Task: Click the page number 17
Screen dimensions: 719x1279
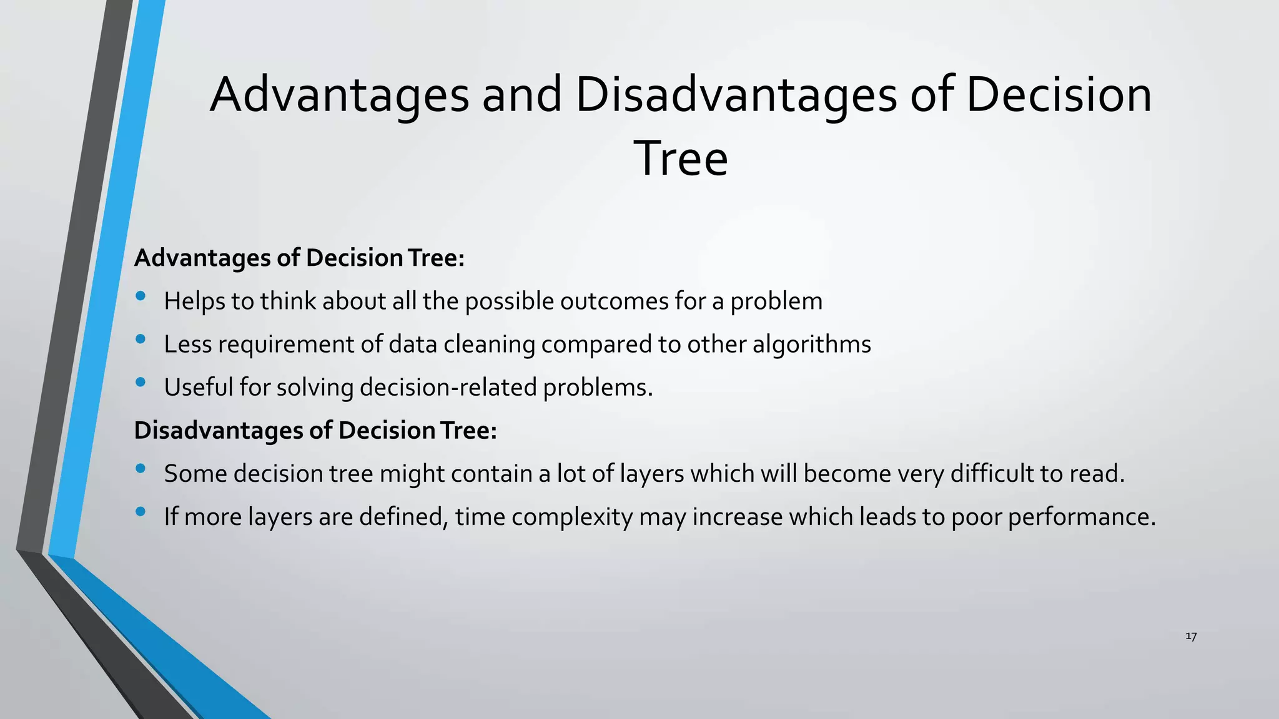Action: (x=1190, y=636)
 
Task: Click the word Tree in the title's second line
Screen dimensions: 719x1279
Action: (x=681, y=159)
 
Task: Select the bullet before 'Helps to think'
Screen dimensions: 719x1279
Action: (x=141, y=296)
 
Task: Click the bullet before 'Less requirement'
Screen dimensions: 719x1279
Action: (x=141, y=339)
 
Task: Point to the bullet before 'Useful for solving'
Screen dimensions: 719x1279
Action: (x=141, y=382)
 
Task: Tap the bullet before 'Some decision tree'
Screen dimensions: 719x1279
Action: (x=141, y=468)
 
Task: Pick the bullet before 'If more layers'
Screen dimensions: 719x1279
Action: (x=141, y=511)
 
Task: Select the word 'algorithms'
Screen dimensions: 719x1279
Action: (x=811, y=345)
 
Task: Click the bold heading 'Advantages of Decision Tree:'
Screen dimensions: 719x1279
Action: (x=299, y=258)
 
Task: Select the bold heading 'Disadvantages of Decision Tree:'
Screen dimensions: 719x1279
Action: (x=315, y=430)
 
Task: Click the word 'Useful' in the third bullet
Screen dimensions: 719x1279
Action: (x=198, y=388)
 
